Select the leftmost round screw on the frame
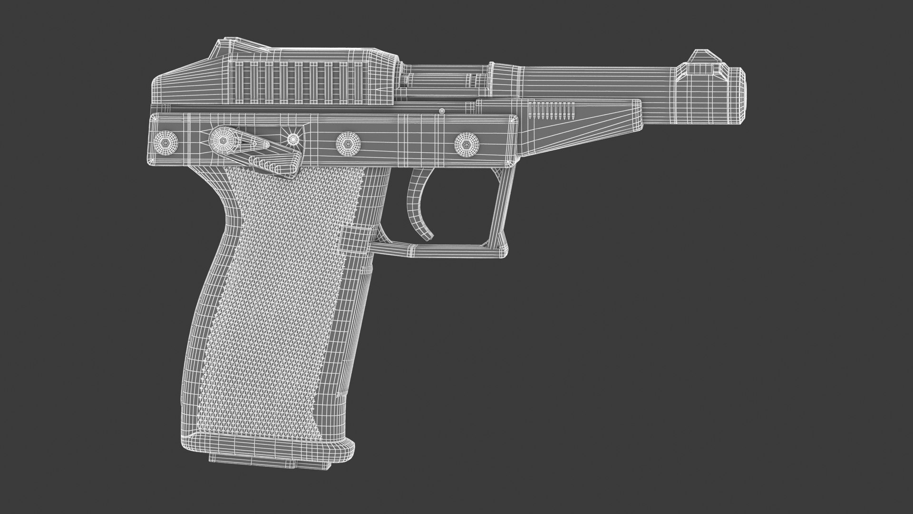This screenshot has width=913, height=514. [167, 141]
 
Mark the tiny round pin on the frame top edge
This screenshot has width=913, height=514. [442, 111]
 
